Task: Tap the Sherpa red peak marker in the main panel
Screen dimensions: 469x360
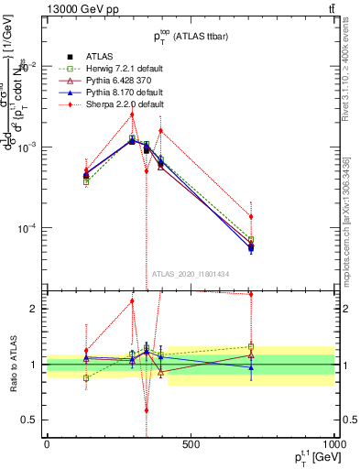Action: tap(132, 115)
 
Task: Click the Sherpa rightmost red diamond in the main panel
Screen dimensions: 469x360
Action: tap(251, 216)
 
